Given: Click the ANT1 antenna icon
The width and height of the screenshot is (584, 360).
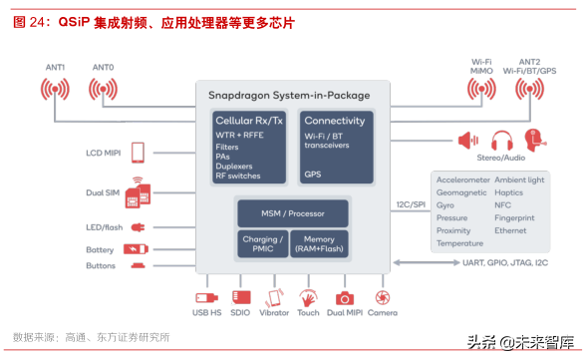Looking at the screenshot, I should [55, 90].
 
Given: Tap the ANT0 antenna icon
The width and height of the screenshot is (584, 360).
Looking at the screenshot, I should [103, 90].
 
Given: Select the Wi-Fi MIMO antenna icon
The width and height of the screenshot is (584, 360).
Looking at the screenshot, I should [481, 91].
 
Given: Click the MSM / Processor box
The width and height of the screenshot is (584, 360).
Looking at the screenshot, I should [292, 211].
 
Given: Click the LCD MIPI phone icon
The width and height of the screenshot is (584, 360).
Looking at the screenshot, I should [138, 152].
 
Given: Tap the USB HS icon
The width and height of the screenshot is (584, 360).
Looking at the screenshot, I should [205, 297].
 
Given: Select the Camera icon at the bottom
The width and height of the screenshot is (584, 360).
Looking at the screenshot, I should [383, 297].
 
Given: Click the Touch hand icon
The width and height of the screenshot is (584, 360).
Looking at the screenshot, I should [309, 297].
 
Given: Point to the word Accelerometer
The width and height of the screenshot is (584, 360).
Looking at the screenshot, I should [463, 180].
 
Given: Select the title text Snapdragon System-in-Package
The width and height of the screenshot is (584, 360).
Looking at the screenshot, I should [289, 96].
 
